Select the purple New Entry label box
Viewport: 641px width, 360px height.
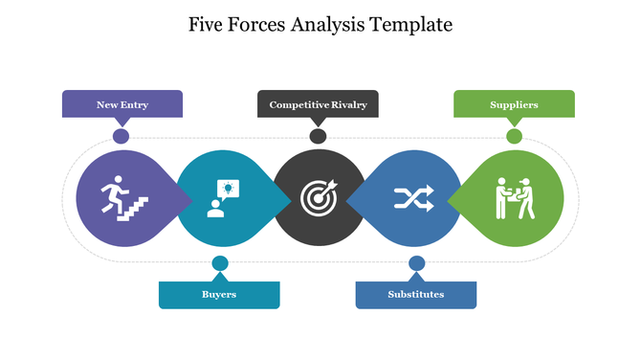pyautogui.click(x=122, y=103)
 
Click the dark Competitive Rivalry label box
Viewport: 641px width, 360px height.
pyautogui.click(x=318, y=103)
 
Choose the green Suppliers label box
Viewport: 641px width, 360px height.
pyautogui.click(x=514, y=103)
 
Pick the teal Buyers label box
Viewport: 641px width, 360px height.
pyautogui.click(x=219, y=295)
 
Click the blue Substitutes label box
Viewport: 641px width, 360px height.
pyautogui.click(x=415, y=295)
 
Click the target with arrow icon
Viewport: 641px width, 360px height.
pyautogui.click(x=319, y=198)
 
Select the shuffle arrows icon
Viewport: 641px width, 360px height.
pyautogui.click(x=414, y=198)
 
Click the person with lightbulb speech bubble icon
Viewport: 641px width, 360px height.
pyautogui.click(x=221, y=198)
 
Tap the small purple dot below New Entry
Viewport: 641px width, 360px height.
pyautogui.click(x=122, y=136)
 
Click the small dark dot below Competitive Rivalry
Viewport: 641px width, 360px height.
pyautogui.click(x=318, y=136)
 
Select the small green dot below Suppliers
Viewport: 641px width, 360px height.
pyautogui.click(x=514, y=136)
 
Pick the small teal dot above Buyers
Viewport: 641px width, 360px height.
pyautogui.click(x=220, y=262)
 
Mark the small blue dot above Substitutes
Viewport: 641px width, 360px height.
pyautogui.click(x=416, y=262)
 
